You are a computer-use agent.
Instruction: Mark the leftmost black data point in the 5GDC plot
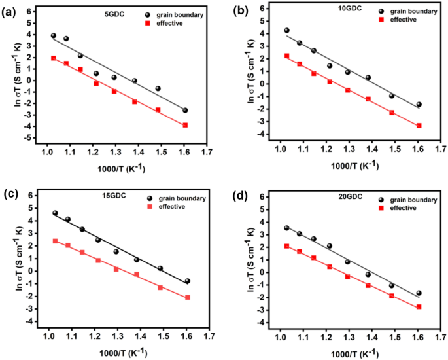[53, 36]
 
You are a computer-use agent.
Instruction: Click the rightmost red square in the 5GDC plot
[185, 125]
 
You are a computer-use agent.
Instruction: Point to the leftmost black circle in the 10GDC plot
[286, 30]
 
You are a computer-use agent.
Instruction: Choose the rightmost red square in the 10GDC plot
[419, 126]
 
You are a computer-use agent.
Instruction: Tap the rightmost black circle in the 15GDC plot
[187, 281]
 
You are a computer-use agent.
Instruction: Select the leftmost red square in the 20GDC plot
[286, 246]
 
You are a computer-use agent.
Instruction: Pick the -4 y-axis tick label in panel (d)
[261, 323]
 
